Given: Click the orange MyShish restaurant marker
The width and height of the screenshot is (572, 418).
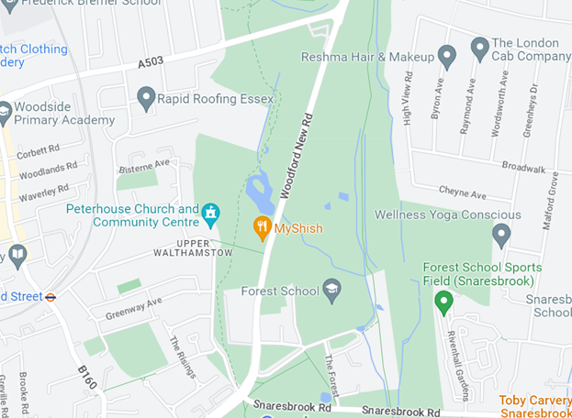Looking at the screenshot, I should [x=263, y=226].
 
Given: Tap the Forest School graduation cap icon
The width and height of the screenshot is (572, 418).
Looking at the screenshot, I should [x=331, y=291].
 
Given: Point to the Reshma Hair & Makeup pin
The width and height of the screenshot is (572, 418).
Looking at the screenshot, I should [x=447, y=57].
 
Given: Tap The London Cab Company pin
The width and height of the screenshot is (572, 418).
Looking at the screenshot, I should [x=479, y=46].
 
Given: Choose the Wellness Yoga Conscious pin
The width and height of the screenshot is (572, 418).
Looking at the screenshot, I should [x=501, y=234].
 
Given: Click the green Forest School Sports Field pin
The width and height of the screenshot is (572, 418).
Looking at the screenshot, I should [x=443, y=300].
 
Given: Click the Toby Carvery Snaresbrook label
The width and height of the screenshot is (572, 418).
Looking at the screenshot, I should [x=535, y=406].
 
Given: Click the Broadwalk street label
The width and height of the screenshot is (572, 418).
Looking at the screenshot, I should [x=524, y=169].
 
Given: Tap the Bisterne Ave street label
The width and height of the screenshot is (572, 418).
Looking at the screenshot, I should [x=144, y=166].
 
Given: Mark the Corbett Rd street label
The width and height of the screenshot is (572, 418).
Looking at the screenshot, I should [x=39, y=148].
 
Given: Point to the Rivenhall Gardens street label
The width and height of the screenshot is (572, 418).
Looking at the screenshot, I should [x=456, y=366].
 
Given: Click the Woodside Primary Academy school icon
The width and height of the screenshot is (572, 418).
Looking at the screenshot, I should [x=5, y=112].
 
